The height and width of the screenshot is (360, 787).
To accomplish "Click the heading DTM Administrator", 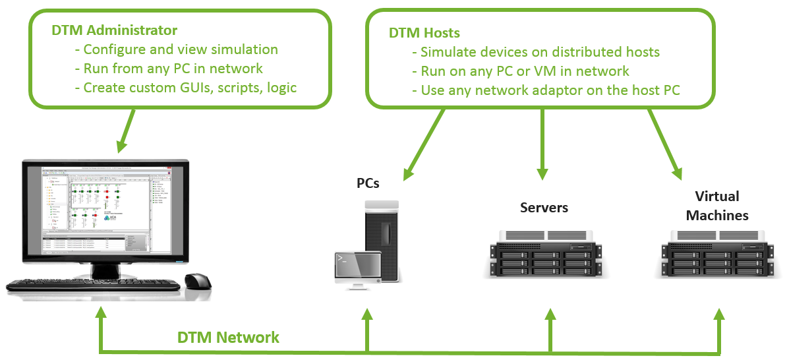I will point(114,30).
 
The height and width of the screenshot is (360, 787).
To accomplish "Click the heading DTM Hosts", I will point(424,33).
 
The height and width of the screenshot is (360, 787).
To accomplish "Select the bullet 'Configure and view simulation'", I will point(181,49).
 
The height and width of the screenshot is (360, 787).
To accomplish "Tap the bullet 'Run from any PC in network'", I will point(173,69).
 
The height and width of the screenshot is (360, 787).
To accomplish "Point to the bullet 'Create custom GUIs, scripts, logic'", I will point(190,88).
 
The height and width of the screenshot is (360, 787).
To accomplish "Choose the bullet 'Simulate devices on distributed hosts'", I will point(540,52).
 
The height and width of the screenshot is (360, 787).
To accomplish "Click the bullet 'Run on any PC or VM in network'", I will point(525,71).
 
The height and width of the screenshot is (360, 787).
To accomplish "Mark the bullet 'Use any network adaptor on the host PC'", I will point(550,90).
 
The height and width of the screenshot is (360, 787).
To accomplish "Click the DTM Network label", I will point(228,338).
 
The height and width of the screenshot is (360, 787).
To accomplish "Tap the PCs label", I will point(368,183).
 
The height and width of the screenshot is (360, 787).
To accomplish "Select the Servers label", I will point(544,208).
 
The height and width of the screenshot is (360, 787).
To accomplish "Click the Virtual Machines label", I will point(717,206).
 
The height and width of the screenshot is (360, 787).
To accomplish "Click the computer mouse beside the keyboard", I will point(197,281).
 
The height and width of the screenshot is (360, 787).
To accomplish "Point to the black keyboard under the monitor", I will point(92,285).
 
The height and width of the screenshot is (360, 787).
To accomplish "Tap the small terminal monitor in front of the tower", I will point(356,269).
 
